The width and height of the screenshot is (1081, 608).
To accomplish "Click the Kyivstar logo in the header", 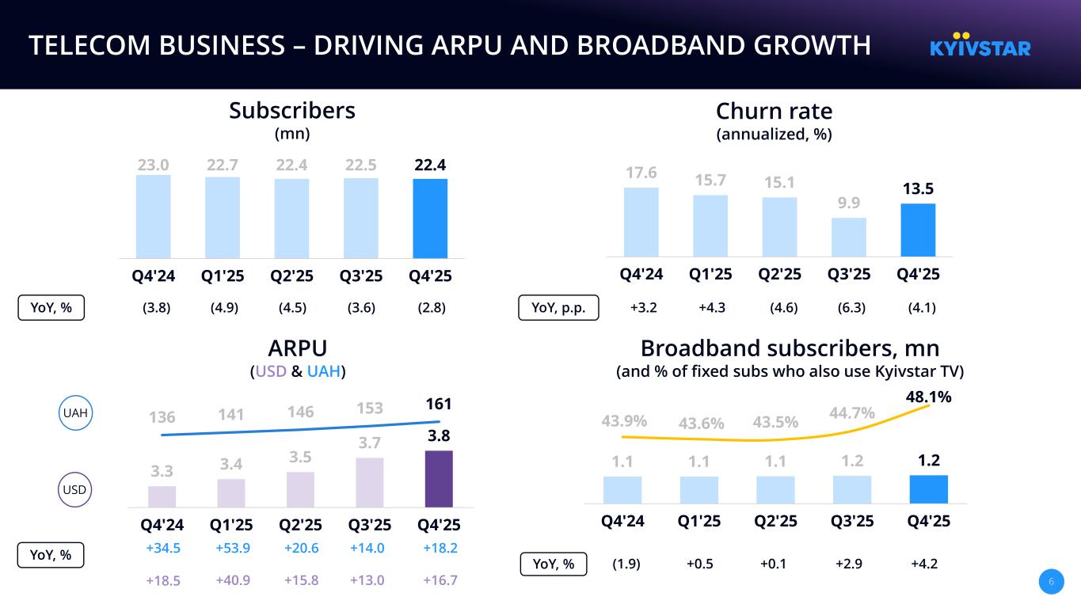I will click(x=980, y=45).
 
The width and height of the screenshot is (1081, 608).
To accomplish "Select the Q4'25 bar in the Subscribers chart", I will click(x=430, y=218).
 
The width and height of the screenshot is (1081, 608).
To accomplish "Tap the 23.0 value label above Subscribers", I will click(x=153, y=165).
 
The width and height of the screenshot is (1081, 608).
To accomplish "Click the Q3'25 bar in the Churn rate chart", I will click(x=849, y=237).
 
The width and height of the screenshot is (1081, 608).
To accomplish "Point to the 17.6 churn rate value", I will click(x=641, y=173).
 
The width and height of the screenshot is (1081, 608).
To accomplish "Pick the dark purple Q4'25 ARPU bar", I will click(x=439, y=478).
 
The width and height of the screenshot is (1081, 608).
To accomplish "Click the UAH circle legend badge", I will click(x=76, y=413).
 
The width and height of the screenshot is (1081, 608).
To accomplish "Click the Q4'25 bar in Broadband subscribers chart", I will click(x=928, y=488).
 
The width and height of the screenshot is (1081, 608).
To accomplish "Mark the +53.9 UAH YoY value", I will click(x=233, y=548).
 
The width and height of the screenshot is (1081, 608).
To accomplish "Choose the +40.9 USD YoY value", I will click(x=233, y=580).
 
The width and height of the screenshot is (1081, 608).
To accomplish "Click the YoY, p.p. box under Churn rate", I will click(x=558, y=308).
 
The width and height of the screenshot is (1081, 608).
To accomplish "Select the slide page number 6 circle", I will click(x=1051, y=582).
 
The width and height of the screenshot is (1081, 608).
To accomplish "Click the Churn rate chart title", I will click(x=774, y=111).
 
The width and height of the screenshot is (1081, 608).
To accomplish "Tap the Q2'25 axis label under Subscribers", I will click(x=291, y=275).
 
